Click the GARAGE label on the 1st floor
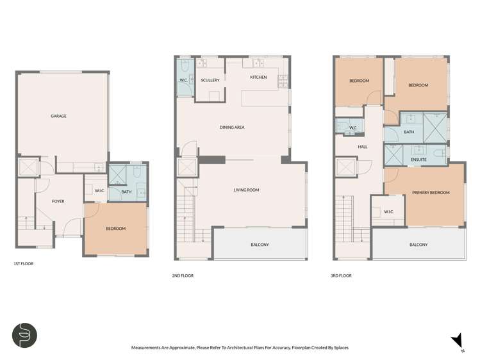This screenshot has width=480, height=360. [x=59, y=116]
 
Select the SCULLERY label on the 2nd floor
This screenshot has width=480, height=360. [x=210, y=80]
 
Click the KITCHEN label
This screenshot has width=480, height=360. [x=258, y=77]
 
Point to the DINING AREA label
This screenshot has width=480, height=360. [x=232, y=127]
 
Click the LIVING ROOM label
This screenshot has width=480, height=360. [x=245, y=190]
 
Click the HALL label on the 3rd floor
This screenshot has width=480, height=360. [x=363, y=147]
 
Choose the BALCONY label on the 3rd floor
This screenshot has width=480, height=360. [x=418, y=245]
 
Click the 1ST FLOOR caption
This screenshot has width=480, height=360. [x=24, y=264]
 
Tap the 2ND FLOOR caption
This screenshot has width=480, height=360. [x=183, y=275]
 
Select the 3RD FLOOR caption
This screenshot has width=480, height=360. [x=342, y=275]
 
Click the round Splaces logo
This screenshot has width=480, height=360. [x=24, y=335]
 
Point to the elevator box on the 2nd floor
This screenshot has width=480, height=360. [x=186, y=168]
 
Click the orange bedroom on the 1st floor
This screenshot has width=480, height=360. [x=115, y=229]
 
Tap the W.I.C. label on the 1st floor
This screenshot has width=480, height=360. [x=99, y=190]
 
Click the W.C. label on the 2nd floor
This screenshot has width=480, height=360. [x=183, y=80]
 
